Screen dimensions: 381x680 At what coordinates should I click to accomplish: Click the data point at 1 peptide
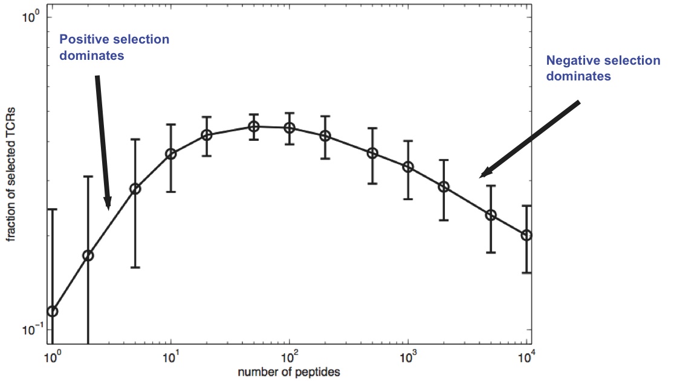coord(53,311)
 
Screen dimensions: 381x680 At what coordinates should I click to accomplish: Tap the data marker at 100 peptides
coord(290,128)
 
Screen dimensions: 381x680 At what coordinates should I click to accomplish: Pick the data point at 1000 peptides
coord(408,167)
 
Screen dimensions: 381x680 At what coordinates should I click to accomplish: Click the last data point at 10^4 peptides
coord(526,235)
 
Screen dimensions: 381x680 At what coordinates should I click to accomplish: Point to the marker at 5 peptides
coord(135,189)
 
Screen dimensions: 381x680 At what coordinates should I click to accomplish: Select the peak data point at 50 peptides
coord(254,126)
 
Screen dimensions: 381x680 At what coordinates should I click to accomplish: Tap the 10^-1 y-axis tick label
coord(31,330)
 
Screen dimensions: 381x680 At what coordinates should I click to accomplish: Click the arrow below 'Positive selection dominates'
coord(102,142)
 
